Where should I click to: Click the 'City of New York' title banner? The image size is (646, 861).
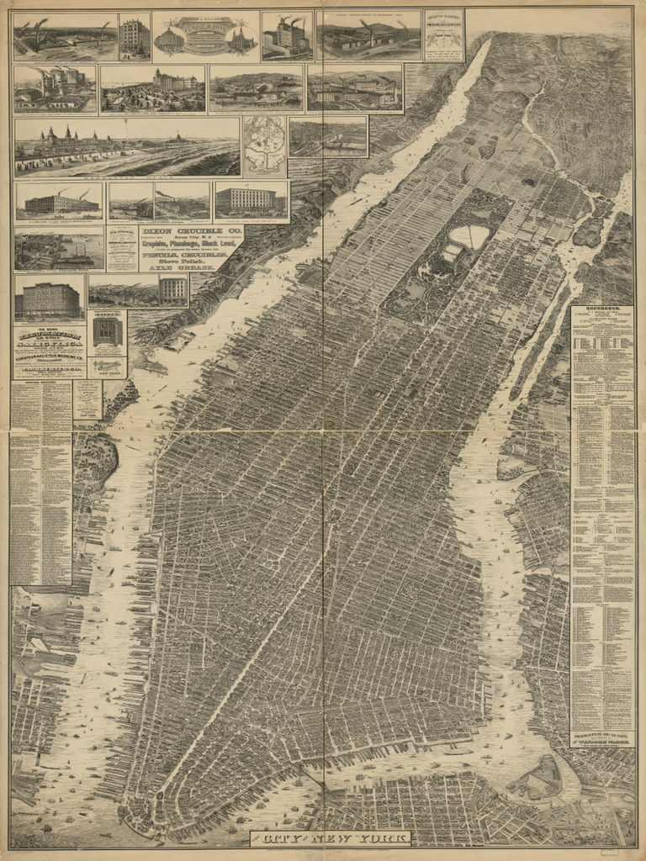(x=330, y=838)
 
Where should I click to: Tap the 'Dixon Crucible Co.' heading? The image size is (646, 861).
(x=192, y=232)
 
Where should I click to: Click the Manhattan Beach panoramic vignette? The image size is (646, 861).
(x=126, y=147)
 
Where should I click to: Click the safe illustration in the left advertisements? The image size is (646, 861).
(x=107, y=331)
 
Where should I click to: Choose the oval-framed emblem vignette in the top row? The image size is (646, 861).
(x=205, y=36)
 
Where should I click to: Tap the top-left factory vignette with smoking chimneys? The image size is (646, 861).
(x=65, y=36)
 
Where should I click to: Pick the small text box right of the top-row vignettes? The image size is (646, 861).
(x=443, y=35)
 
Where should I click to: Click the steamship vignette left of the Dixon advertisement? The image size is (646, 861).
(x=59, y=248)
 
